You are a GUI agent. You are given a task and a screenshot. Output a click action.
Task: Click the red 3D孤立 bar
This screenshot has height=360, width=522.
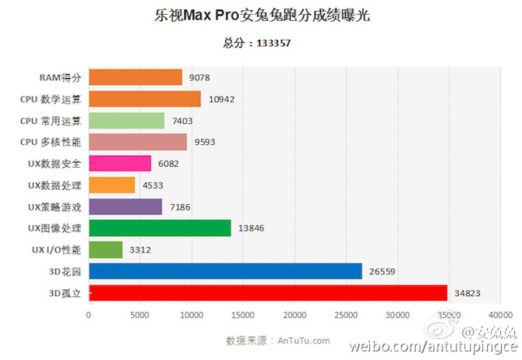click(268, 293)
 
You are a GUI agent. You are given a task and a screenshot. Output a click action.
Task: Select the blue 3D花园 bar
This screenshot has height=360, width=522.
click(225, 271)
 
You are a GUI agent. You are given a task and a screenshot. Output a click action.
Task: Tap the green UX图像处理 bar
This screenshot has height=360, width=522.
click(160, 228)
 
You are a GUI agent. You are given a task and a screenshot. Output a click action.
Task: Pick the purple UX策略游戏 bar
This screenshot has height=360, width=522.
click(125, 206)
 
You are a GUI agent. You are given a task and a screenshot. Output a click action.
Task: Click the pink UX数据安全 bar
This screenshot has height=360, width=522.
click(120, 163)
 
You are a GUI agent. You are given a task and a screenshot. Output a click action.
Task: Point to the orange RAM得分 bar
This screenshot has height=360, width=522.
click(136, 77)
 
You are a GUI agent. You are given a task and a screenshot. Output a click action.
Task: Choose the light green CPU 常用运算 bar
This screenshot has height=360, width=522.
click(126, 120)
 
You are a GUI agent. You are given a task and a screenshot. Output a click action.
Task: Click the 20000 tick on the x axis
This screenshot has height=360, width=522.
click(295, 315)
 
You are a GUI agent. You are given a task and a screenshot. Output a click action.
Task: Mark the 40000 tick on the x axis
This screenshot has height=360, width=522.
click(500, 315)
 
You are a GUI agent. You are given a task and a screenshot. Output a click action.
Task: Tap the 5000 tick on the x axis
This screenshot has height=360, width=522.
click(140, 315)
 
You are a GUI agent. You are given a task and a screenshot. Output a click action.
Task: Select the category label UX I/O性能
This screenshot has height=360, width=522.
click(53, 249)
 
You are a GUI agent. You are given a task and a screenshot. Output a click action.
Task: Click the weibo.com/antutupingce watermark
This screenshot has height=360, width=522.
click(433, 346)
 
